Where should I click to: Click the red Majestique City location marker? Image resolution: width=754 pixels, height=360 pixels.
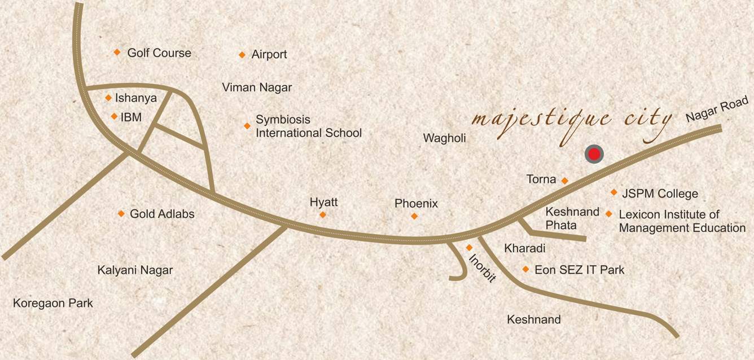click(x=594, y=154)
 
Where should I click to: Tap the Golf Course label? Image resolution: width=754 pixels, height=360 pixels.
click(x=159, y=53)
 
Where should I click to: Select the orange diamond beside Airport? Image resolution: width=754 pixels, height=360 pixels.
click(x=242, y=55)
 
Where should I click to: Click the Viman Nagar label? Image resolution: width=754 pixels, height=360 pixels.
click(x=257, y=87)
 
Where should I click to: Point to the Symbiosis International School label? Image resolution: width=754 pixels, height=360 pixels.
click(x=308, y=126)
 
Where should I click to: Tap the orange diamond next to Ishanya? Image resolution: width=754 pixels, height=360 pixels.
click(x=108, y=98)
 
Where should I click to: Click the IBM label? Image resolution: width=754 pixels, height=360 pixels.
click(x=131, y=117)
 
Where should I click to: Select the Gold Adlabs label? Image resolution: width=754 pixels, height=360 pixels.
click(x=162, y=214)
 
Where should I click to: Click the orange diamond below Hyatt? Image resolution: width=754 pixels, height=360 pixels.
click(x=323, y=214)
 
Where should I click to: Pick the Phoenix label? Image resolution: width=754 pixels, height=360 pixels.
click(x=416, y=204)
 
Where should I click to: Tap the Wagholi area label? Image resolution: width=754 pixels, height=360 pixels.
click(x=445, y=138)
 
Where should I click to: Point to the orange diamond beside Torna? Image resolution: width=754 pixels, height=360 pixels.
click(x=564, y=181)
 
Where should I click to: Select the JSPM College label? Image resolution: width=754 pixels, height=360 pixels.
click(x=660, y=194)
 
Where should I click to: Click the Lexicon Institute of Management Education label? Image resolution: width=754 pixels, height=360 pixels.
click(x=682, y=221)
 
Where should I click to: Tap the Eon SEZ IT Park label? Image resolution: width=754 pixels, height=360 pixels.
click(x=579, y=270)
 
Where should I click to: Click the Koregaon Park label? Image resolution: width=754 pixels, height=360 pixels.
click(x=53, y=304)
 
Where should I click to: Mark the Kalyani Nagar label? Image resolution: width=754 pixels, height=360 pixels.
click(x=135, y=270)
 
